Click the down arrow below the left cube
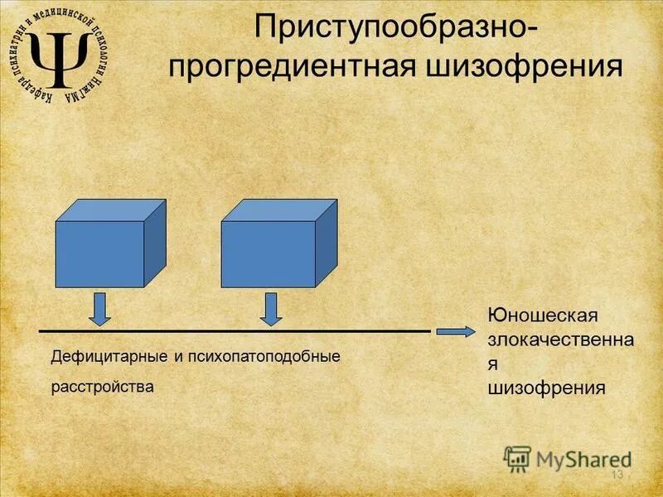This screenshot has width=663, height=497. [99, 308]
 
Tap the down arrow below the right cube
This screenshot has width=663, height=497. [270, 308]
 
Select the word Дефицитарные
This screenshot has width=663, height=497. [109, 357]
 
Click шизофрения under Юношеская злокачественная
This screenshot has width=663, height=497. [547, 387]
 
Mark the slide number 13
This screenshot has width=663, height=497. [616, 475]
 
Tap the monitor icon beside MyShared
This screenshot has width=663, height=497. [517, 458]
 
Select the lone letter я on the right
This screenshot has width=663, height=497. [491, 364]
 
